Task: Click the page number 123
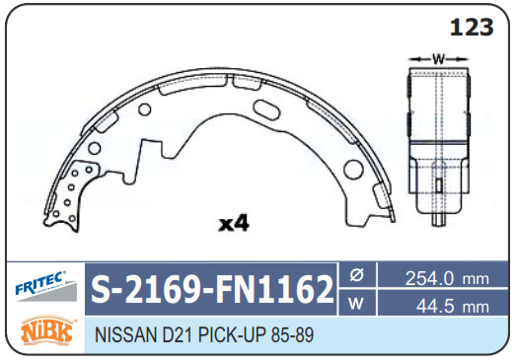472,28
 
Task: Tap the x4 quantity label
234,224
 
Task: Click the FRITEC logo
45,286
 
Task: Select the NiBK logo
47,331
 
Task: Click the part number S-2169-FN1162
212,290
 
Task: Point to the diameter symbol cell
357,275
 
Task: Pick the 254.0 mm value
447,279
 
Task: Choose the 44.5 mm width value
453,307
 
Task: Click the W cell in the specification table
357,303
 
